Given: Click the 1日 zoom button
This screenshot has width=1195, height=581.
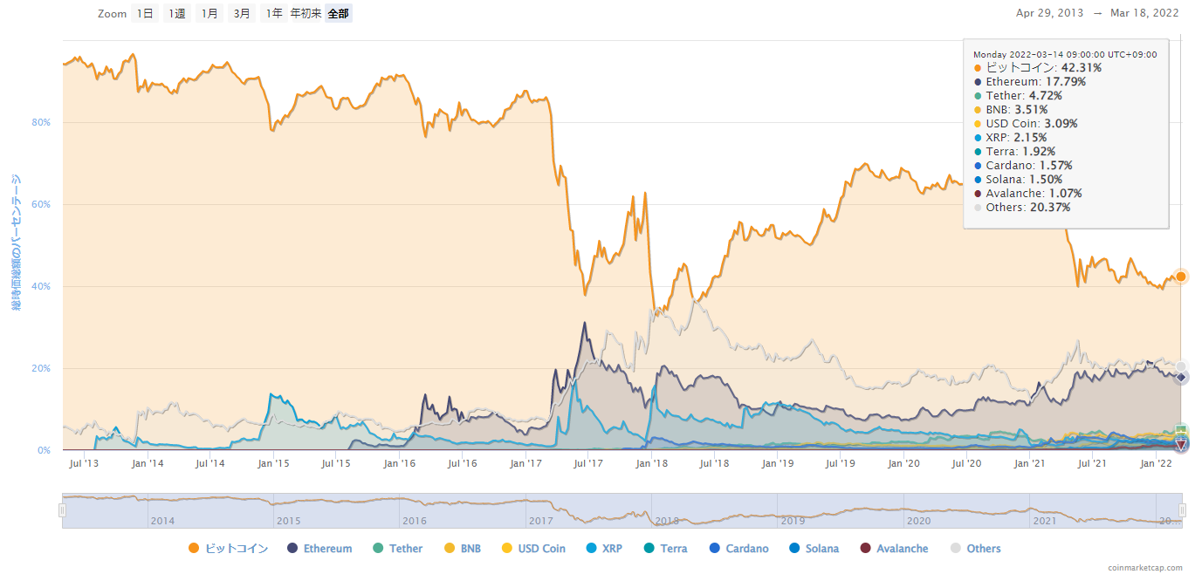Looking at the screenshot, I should tap(145, 14).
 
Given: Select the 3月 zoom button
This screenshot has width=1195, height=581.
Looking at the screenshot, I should tap(242, 14).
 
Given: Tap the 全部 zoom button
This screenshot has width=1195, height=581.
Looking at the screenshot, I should tap(338, 14).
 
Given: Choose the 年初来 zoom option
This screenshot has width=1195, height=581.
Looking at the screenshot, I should tap(306, 14).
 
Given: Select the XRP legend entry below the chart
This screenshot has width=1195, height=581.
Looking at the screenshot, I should tap(611, 549).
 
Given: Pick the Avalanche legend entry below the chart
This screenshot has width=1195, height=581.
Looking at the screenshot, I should tap(902, 549).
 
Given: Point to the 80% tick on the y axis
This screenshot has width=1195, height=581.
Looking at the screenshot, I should tap(41, 123).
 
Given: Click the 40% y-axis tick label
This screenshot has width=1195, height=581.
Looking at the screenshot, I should tap(41, 287).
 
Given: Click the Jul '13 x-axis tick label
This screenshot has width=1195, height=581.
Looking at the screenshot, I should tap(83, 463).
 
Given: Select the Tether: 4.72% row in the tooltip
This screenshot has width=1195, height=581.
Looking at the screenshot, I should tap(1024, 96).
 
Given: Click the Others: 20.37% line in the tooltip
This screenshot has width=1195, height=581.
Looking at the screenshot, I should tap(1027, 208).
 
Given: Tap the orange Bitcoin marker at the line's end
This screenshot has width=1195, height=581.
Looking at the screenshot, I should tap(1181, 277).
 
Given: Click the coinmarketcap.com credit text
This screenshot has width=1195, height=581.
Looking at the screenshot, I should tap(1145, 568).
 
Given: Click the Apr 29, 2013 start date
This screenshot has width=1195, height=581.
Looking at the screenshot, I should tap(1050, 13).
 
